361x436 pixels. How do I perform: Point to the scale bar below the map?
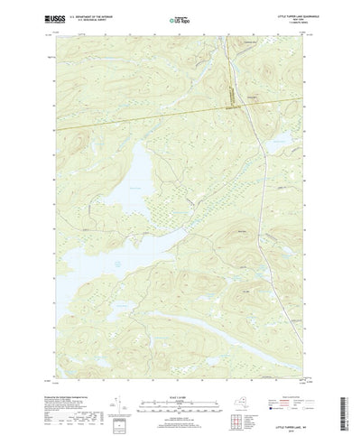click(x=180, y=386)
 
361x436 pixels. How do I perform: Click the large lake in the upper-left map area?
click(x=135, y=176)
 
